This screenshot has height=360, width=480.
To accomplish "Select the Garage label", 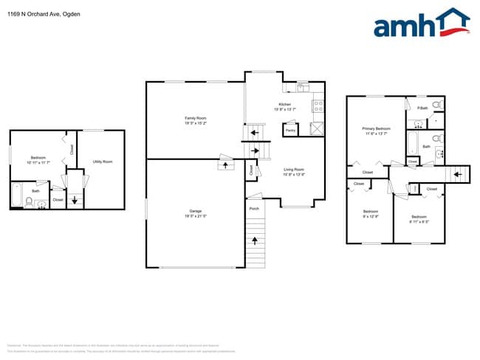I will (x=195, y=211).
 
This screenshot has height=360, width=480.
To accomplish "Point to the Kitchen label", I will (x=284, y=104).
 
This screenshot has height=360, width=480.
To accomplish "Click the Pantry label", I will (x=290, y=130).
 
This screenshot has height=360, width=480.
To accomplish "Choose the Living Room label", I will (x=294, y=170).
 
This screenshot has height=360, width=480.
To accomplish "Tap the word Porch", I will (x=254, y=209).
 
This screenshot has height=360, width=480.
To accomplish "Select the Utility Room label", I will (x=103, y=161).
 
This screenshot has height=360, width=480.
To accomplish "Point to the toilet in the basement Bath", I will (x=30, y=201).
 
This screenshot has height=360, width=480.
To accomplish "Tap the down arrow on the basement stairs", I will (x=75, y=199).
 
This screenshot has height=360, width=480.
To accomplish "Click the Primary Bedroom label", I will (x=376, y=128).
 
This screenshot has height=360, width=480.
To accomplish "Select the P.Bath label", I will (x=422, y=108).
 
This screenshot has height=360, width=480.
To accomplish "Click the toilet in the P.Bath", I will (x=436, y=105).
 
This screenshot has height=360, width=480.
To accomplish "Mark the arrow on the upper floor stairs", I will (x=457, y=175).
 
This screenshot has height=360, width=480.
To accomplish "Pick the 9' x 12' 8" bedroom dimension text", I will (x=371, y=216).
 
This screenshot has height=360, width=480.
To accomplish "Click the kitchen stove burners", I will (x=318, y=105).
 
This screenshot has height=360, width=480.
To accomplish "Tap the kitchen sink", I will (x=303, y=86).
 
